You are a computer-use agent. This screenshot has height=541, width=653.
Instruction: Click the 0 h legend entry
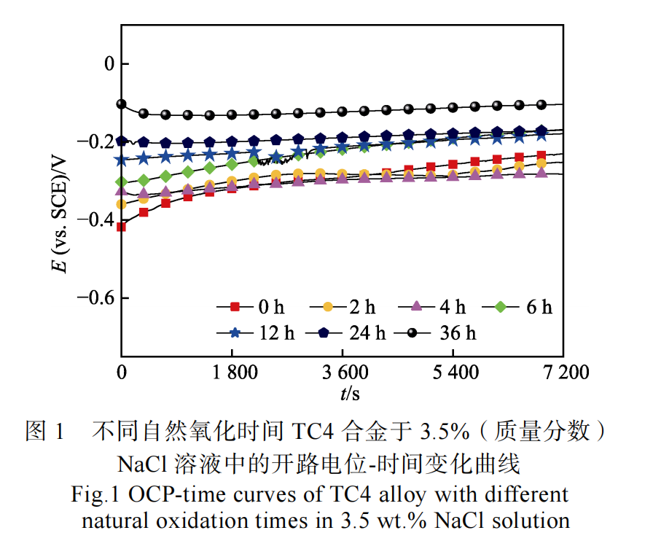point(251,307)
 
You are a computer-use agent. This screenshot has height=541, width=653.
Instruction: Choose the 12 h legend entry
point(251,333)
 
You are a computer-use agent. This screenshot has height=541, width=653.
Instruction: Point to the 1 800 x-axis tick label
point(232,373)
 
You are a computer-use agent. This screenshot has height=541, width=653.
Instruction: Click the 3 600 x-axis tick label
point(343,373)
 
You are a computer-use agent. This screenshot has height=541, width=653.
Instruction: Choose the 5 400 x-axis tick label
point(453,373)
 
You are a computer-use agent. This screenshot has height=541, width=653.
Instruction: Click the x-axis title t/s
point(349,394)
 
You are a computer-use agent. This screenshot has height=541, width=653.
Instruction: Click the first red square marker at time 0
point(122,227)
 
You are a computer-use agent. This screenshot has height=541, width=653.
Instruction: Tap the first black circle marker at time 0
point(122,104)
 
